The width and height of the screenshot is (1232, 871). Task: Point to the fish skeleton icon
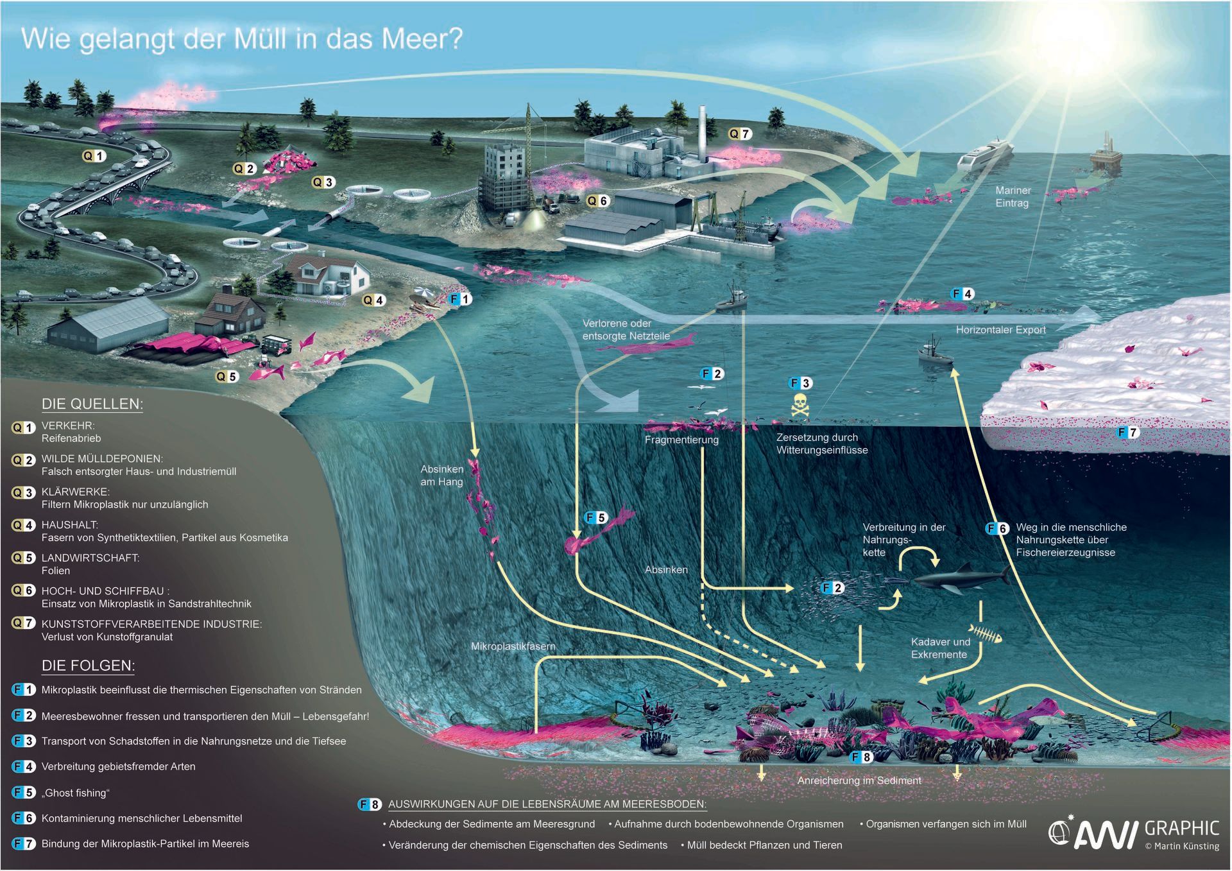pos(984,634)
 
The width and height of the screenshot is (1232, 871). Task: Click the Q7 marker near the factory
pos(739,134)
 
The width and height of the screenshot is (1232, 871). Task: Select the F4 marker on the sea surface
pos(962,294)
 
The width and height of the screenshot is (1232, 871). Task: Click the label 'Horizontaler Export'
pos(1000,330)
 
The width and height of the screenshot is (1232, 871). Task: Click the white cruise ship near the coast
pos(984,153)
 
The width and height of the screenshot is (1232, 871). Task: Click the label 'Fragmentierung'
pos(681,440)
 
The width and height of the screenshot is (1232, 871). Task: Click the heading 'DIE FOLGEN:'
pos(88,666)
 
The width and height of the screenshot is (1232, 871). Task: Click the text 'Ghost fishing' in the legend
pos(76,793)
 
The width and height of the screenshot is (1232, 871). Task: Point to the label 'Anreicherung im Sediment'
pos(859,781)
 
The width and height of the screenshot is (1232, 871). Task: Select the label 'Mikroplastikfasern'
pos(513,646)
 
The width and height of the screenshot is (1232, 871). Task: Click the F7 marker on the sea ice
pos(1127,433)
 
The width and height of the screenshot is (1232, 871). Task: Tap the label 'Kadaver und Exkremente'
pos(941,648)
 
